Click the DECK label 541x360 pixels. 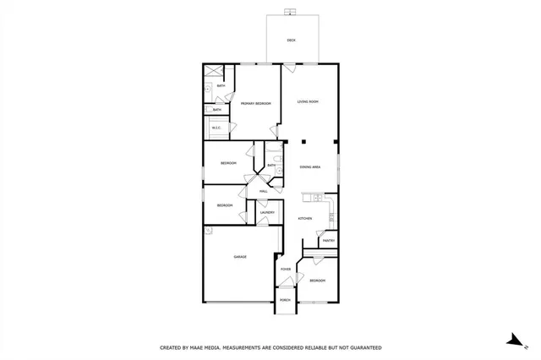291,40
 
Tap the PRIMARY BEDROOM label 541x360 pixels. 255,103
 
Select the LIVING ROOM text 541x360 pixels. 308,102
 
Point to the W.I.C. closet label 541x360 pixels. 216,128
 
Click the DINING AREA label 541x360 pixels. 310,167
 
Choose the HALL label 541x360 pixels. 263,192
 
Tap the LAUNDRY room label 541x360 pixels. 265,213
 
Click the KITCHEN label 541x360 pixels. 305,219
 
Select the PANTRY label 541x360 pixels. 328,241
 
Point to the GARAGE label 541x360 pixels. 240,257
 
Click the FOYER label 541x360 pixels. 286,270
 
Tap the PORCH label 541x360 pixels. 285,300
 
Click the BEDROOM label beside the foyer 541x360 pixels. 317,280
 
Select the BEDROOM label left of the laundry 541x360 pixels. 224,205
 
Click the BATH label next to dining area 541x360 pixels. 271,166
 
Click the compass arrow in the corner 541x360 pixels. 511,341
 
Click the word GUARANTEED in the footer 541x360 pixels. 363,347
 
